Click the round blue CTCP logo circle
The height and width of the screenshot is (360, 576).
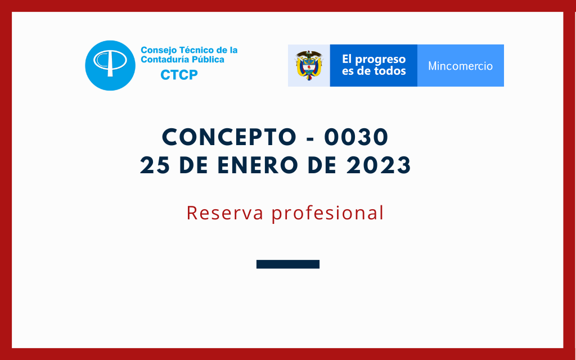click(x=110, y=65)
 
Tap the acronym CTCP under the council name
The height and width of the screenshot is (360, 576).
click(x=179, y=75)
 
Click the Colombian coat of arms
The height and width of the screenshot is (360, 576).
click(x=309, y=65)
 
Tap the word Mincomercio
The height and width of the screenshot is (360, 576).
click(x=460, y=66)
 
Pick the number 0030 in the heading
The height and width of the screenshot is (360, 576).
click(x=356, y=137)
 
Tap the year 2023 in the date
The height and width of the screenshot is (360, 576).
click(x=379, y=165)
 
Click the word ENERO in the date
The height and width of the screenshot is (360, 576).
click(x=258, y=165)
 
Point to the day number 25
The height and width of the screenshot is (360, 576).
click(x=155, y=165)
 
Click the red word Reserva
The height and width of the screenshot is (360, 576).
click(x=225, y=213)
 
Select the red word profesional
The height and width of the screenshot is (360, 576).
click(x=328, y=213)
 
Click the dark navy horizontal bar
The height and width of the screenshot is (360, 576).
click(x=288, y=264)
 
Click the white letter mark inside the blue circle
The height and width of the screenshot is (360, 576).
click(x=110, y=62)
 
